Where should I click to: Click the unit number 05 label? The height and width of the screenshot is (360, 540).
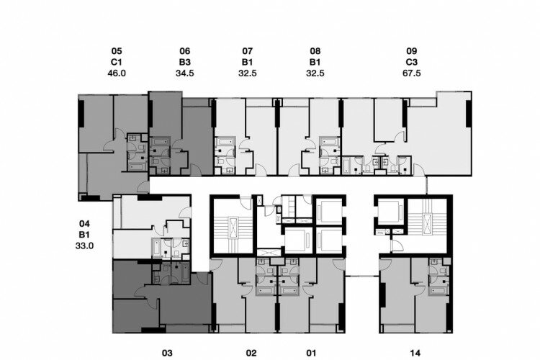pyautogui.click(x=117, y=51)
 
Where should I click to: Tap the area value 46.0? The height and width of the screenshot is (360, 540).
pyautogui.click(x=117, y=73)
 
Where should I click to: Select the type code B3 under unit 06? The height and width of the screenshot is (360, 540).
pyautogui.click(x=185, y=63)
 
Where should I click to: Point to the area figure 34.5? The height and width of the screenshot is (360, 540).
pyautogui.click(x=185, y=73)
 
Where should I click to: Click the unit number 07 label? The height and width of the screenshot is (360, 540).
pyautogui.click(x=247, y=51)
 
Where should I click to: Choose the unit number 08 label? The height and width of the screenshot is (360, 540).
pyautogui.click(x=315, y=51)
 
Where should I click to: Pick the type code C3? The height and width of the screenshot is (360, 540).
pyautogui.click(x=412, y=63)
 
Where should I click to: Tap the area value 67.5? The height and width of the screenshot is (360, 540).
pyautogui.click(x=412, y=73)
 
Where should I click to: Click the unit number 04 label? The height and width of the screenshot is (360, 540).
pyautogui.click(x=84, y=224)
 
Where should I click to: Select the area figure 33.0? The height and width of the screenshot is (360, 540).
pyautogui.click(x=84, y=246)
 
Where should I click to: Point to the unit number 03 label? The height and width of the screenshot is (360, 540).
pyautogui.click(x=167, y=353)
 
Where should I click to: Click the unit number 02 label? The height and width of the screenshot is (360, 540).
pyautogui.click(x=251, y=353)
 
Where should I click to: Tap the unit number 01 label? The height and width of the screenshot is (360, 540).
pyautogui.click(x=311, y=353)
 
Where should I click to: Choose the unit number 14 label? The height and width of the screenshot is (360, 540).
pyautogui.click(x=415, y=353)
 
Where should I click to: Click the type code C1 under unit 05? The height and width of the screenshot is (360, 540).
pyautogui.click(x=117, y=63)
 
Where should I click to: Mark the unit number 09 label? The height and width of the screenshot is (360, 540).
pyautogui.click(x=412, y=51)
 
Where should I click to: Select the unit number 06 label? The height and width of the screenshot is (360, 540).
pyautogui.click(x=185, y=51)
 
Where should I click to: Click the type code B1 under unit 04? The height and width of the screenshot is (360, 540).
pyautogui.click(x=84, y=235)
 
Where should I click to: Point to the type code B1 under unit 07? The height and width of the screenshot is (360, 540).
pyautogui.click(x=247, y=63)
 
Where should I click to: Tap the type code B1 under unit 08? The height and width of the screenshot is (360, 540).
pyautogui.click(x=315, y=63)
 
